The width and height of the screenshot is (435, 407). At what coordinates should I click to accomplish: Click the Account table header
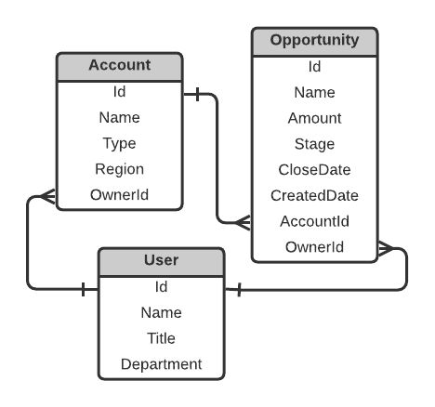pos(119,67)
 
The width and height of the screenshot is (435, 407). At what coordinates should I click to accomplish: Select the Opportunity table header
pos(315,41)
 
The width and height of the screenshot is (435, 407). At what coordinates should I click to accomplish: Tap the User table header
pos(160,261)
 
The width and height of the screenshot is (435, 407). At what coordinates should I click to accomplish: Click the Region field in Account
pos(119,169)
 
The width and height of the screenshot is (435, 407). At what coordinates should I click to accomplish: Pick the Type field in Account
pos(119,143)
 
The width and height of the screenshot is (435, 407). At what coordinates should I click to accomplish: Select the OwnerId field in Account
pos(119,195)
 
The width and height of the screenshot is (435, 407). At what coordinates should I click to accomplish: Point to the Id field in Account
pos(119,92)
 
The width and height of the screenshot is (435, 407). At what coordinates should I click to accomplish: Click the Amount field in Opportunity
pos(315,118)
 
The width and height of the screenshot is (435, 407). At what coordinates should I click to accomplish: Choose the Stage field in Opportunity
pos(315,144)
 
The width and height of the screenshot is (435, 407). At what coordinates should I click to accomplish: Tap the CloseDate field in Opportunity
pos(315,169)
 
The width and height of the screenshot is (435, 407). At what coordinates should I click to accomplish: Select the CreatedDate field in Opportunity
pos(315,195)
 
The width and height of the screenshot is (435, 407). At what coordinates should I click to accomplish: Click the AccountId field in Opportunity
pos(315,221)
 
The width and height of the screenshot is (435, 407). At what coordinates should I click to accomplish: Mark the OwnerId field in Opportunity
pos(315,246)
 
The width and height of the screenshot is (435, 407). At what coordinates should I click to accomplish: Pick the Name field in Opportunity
pos(315,92)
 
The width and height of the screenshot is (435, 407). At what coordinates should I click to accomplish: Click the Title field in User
pos(160,338)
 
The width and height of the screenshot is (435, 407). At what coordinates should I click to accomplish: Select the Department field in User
pos(160,364)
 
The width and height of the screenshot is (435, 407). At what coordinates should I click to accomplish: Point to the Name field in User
pos(160,312)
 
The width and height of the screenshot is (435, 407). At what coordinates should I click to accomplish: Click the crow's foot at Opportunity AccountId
pos(243,222)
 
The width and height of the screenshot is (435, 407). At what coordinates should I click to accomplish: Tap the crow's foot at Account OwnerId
pos(47,196)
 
